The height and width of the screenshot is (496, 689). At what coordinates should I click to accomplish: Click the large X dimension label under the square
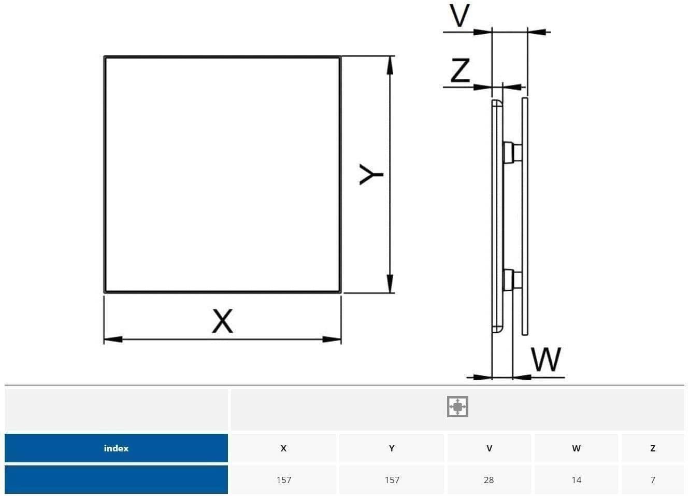coord(222,321)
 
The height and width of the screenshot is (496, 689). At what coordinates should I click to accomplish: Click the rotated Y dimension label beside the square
coord(371,175)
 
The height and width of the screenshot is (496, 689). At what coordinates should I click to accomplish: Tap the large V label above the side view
coord(460,16)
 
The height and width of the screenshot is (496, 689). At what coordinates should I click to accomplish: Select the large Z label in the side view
coord(460,70)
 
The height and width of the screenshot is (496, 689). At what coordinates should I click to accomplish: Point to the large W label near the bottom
coord(546,359)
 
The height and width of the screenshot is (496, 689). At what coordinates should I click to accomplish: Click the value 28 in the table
coord(489,480)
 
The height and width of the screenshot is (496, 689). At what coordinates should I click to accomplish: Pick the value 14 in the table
coord(577,480)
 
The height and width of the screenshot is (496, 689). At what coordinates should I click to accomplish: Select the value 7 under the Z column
coord(653,480)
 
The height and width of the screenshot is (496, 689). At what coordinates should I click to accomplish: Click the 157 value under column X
coord(283,480)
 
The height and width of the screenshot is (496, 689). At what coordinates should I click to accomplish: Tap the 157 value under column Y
coord(392,480)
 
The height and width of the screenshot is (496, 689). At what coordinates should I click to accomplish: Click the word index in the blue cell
coord(116,448)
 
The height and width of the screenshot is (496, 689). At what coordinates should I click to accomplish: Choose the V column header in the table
coord(489,448)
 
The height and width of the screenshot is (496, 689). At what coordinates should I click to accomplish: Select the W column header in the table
coord(577,448)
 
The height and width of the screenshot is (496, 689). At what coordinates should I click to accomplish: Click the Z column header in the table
coord(653,448)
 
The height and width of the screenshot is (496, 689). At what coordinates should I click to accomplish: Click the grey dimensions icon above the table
coord(457,406)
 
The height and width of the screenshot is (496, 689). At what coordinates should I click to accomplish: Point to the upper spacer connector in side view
coord(512,152)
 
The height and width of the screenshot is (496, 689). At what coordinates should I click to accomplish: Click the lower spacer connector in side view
coord(512,280)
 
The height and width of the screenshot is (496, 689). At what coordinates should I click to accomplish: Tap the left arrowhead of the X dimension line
coord(113,339)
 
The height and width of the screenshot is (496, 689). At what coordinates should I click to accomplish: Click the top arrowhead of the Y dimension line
coord(390,65)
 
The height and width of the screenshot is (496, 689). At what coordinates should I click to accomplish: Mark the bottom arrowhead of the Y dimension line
coord(390,284)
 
